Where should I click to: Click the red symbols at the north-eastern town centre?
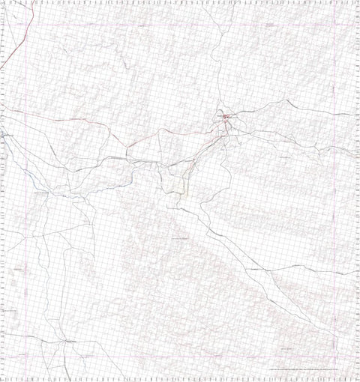pos(229,117)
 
